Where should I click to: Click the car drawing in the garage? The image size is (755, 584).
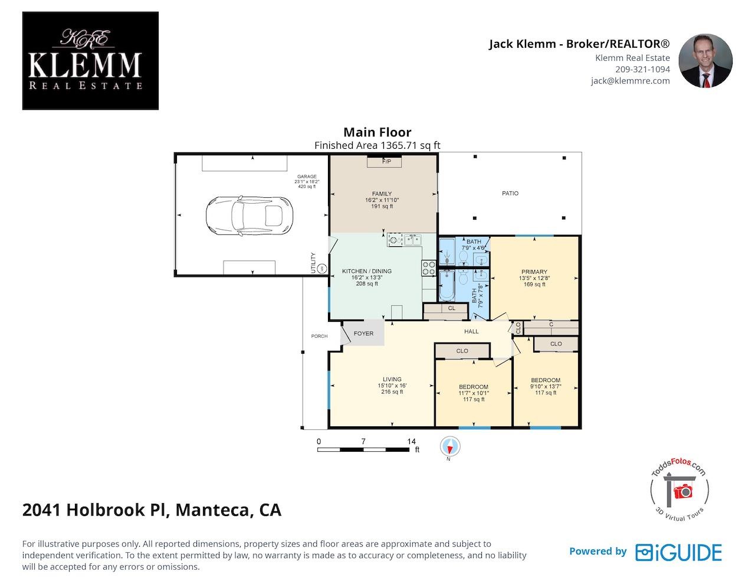click(249, 216)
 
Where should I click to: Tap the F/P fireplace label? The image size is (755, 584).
click(386, 161)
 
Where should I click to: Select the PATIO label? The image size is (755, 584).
click(510, 194)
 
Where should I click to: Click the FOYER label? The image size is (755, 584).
click(363, 333)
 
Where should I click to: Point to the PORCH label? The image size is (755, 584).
click(319, 336)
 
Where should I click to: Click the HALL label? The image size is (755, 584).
click(471, 331)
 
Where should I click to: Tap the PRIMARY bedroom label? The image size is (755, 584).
click(534, 272)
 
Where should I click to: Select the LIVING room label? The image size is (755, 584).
click(392, 379)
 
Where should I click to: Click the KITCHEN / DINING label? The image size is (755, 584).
click(366, 271)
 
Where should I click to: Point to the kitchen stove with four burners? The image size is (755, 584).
click(429, 268)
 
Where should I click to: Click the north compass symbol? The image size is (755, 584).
click(450, 446)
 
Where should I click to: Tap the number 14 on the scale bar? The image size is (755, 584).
click(411, 441)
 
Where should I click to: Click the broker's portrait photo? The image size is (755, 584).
click(705, 60)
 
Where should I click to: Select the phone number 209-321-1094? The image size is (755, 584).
click(642, 69)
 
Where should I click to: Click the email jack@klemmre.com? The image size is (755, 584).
click(631, 81)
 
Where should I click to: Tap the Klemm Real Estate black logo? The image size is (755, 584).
click(90, 61)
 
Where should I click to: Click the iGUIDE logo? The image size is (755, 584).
click(678, 552)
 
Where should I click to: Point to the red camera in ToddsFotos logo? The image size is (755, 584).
click(683, 491)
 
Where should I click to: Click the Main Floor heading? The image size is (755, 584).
click(377, 132)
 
